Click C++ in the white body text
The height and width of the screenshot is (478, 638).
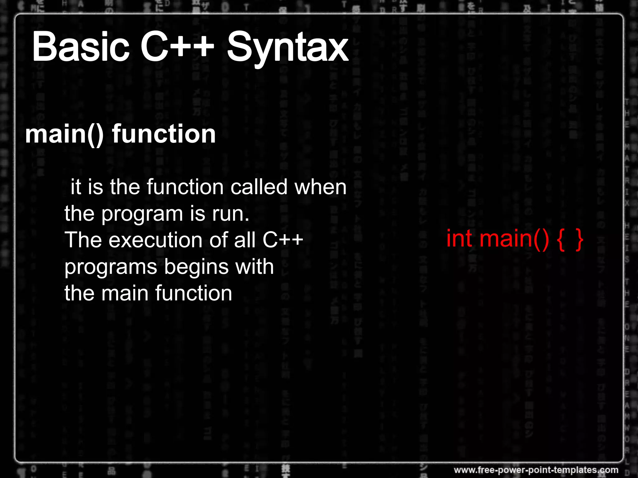[x=283, y=240]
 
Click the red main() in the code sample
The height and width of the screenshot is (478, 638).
[x=514, y=239]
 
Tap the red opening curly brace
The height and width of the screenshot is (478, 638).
[x=560, y=240]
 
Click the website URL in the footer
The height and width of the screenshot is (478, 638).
[x=536, y=470]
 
